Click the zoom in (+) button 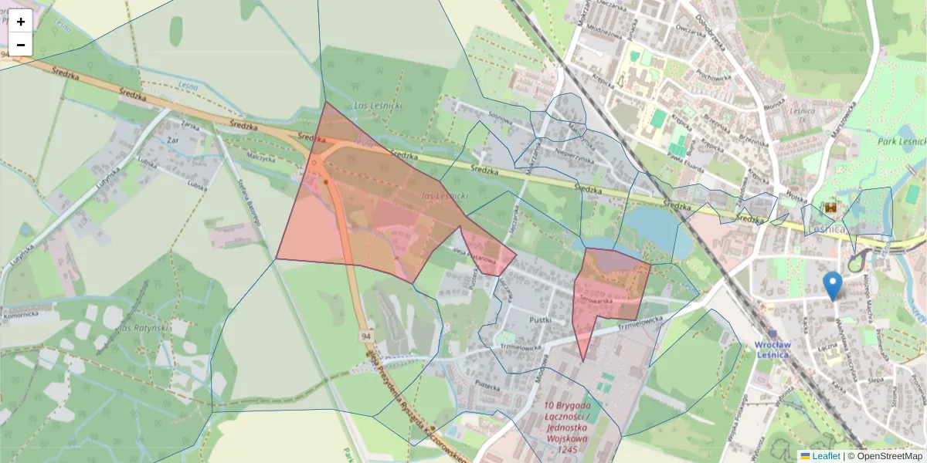point(21,22)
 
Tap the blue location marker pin point(832,285)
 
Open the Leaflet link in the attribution point(826,456)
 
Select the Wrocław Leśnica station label point(781,350)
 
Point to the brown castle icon point(831,208)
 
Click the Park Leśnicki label point(902,141)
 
